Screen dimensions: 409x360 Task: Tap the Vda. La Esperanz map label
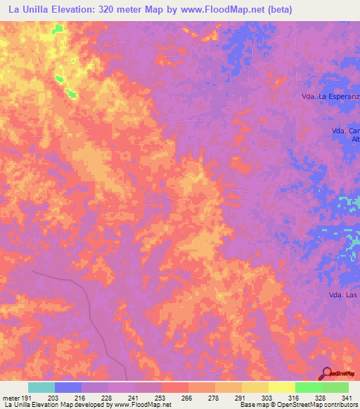pos(329,94)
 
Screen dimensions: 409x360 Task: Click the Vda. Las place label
pos(342,295)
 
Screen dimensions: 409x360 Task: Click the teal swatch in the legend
pos(41,387)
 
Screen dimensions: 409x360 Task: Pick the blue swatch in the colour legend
pos(68,387)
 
